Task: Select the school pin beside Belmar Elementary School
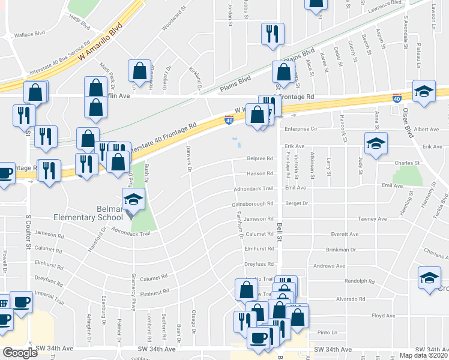click(134, 199)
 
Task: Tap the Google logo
click(20, 353)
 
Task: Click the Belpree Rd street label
click(259, 159)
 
